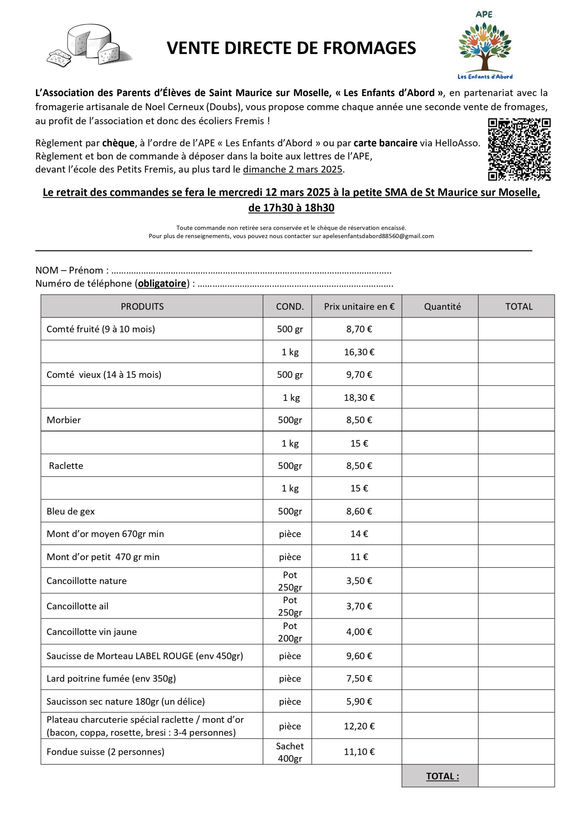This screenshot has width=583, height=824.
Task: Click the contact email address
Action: [378, 236]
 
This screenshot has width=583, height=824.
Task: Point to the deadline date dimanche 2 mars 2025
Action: [293, 169]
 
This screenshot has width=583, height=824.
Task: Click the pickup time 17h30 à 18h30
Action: [291, 208]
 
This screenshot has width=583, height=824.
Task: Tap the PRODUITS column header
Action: [142, 306]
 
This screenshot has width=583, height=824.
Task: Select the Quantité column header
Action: [442, 306]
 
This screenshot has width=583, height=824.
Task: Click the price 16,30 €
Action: [359, 352]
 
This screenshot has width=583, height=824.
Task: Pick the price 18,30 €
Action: [359, 398]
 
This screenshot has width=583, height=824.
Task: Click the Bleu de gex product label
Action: [71, 511]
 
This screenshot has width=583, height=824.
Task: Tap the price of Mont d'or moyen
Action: [359, 534]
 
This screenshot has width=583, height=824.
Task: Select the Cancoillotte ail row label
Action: [78, 606]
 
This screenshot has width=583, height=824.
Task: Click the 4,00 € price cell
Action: [359, 632]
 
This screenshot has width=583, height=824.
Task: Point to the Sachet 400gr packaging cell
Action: [290, 752]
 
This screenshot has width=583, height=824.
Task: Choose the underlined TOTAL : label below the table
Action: [443, 776]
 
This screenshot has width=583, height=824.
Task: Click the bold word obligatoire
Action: [162, 284]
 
